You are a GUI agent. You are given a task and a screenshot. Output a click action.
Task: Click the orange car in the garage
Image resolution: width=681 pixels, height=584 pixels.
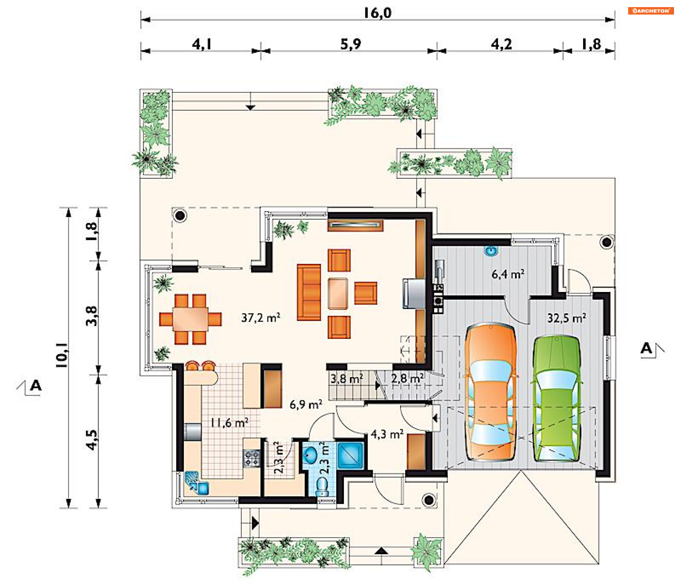click(491, 392)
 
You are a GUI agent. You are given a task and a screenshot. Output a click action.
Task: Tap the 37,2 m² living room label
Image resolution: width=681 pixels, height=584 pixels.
click(261, 318)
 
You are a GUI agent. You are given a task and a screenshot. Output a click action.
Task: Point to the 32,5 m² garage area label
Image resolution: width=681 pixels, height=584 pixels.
click(566, 318)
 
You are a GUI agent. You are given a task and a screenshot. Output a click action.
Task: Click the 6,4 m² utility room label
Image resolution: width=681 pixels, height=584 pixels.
click(508, 274)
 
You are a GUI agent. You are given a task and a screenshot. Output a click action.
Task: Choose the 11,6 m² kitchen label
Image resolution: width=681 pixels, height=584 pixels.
click(229, 423)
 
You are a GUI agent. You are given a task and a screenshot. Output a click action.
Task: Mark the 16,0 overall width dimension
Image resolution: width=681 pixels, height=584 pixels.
click(378, 13)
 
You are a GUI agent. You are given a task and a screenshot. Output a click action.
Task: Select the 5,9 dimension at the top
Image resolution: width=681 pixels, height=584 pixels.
click(350, 44)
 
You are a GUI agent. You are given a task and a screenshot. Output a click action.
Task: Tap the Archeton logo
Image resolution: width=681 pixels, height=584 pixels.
click(651, 11)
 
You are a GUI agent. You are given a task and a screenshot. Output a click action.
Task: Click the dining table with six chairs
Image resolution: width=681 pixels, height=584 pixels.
click(190, 319)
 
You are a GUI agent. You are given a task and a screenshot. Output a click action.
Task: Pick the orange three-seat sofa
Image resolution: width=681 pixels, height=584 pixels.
click(309, 292)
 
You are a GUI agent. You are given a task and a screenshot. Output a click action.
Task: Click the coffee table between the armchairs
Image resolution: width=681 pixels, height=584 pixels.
click(338, 294)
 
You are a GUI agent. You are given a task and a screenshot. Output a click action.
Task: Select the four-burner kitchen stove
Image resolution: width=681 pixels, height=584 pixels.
click(252, 458)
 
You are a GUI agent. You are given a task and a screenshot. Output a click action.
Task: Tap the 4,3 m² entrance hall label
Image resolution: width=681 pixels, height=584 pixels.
click(387, 434)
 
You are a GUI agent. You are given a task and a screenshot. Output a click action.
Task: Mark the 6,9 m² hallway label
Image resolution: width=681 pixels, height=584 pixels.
click(306, 404)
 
